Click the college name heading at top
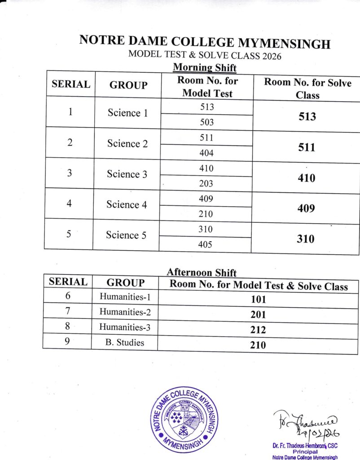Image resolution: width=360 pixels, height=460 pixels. pyautogui.click(x=205, y=42)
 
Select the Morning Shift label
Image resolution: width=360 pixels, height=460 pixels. pyautogui.click(x=205, y=68)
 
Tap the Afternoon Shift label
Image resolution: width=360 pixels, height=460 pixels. pyautogui.click(x=202, y=272)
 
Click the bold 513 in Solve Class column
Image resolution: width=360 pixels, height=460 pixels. pyautogui.click(x=307, y=117)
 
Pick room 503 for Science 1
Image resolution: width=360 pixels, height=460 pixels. pyautogui.click(x=206, y=122)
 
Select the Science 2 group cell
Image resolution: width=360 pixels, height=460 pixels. pyautogui.click(x=127, y=144)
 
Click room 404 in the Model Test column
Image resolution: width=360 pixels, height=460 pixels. pyautogui.click(x=206, y=153)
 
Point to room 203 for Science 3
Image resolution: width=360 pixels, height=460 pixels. pyautogui.click(x=206, y=183)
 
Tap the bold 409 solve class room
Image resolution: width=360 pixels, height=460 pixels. pyautogui.click(x=306, y=209)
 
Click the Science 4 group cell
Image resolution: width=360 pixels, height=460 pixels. pyautogui.click(x=127, y=205)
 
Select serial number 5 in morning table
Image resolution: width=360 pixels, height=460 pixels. pyautogui.click(x=70, y=234)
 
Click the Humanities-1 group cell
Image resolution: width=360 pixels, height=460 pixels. pyautogui.click(x=125, y=297)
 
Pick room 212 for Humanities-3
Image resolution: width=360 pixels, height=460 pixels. pyautogui.click(x=258, y=330)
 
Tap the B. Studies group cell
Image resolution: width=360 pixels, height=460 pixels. pyautogui.click(x=125, y=342)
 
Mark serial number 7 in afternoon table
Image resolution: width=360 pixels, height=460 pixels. pyautogui.click(x=67, y=311)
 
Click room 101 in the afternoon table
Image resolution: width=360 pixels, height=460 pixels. pyautogui.click(x=258, y=299)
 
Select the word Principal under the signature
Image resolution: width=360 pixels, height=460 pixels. pyautogui.click(x=305, y=451)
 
